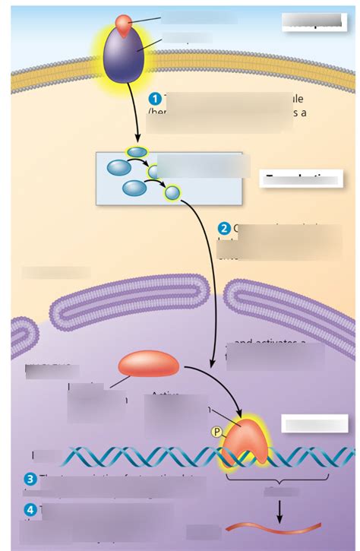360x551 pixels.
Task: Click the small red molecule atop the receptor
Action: [x=125, y=22]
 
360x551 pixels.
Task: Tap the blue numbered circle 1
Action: [x=155, y=99]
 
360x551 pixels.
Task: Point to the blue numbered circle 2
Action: [x=224, y=228]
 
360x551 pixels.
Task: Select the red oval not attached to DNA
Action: [x=148, y=363]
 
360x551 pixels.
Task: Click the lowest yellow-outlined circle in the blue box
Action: [x=172, y=193]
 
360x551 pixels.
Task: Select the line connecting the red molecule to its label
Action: [x=149, y=19]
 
